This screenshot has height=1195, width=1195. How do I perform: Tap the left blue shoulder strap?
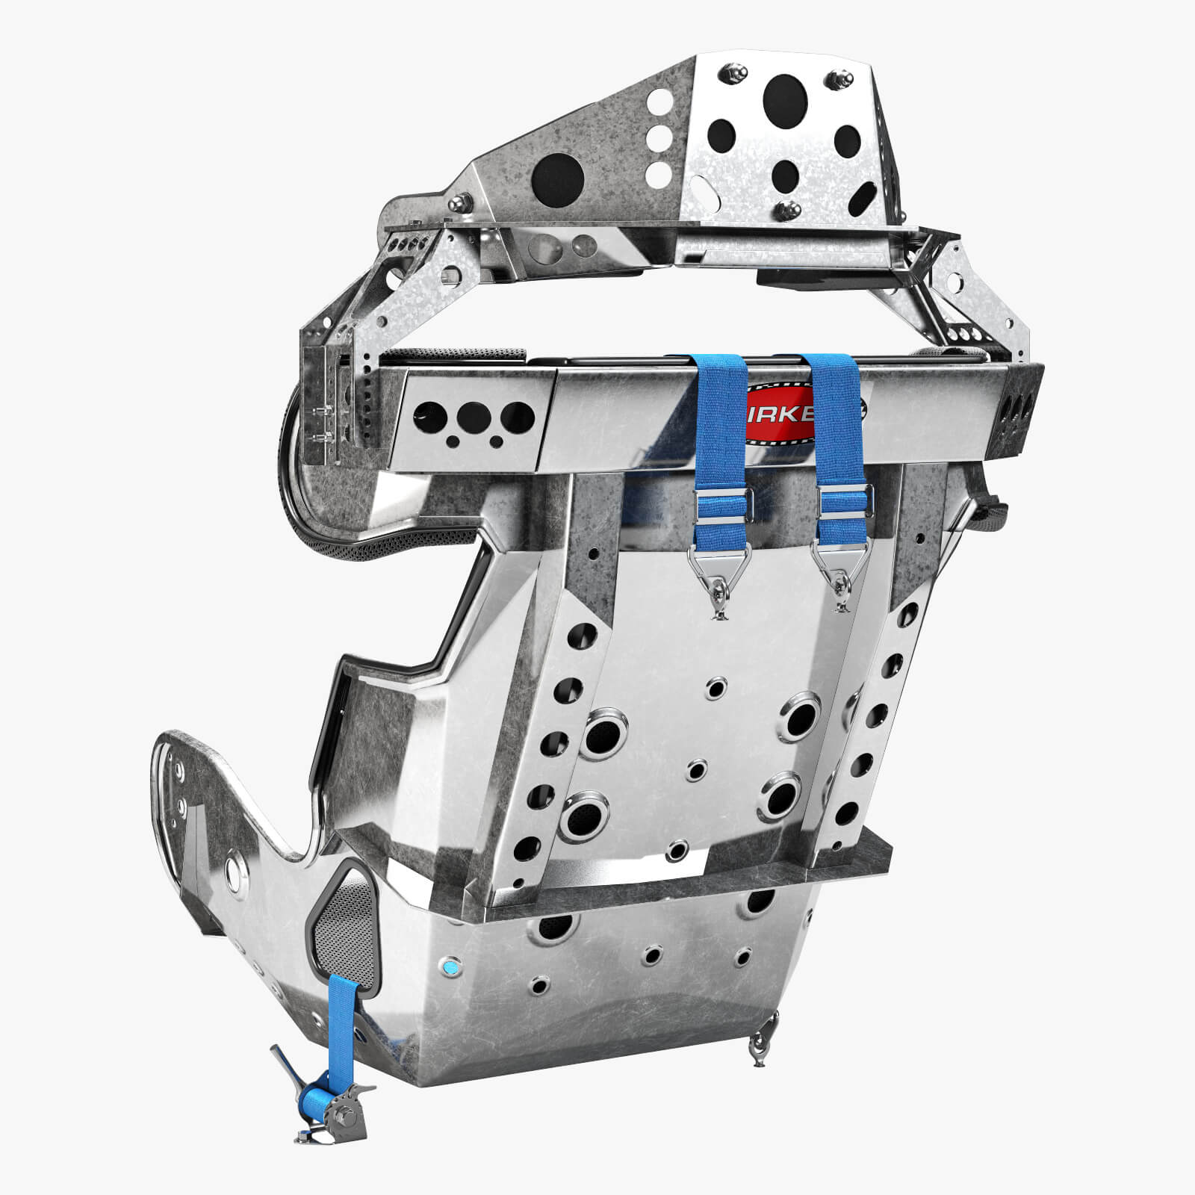720,418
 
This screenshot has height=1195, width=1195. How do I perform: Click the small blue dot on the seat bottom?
450,967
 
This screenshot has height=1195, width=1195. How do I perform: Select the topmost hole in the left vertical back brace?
592,555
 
